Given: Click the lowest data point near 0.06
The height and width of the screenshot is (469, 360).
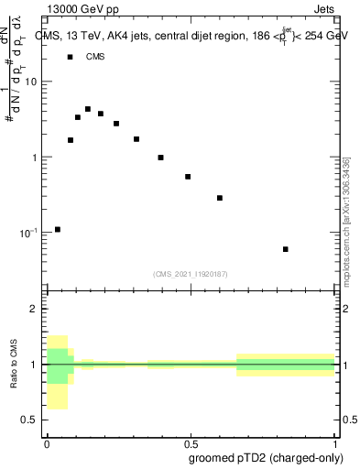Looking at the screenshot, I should (x=286, y=249).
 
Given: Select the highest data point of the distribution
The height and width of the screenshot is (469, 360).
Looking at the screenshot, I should (x=88, y=109).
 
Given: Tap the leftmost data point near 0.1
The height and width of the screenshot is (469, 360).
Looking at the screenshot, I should (x=58, y=229).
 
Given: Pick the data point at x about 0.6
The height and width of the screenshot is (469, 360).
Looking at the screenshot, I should (x=220, y=198).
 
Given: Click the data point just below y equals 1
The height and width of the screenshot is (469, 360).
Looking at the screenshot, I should (x=160, y=158).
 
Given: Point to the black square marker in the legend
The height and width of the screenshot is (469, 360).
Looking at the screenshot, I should (x=70, y=57).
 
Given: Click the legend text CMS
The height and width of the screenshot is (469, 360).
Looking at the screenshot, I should (x=95, y=57).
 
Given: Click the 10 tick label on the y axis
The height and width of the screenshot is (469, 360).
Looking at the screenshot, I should (x=31, y=82).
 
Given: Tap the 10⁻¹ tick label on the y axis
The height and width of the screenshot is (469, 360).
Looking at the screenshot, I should (x=28, y=233).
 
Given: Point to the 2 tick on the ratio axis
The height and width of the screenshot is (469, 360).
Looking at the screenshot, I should (x=34, y=309).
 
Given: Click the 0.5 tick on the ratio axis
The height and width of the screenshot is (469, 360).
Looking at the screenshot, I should (x=30, y=420).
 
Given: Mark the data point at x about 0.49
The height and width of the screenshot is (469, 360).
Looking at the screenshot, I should (x=188, y=177).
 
